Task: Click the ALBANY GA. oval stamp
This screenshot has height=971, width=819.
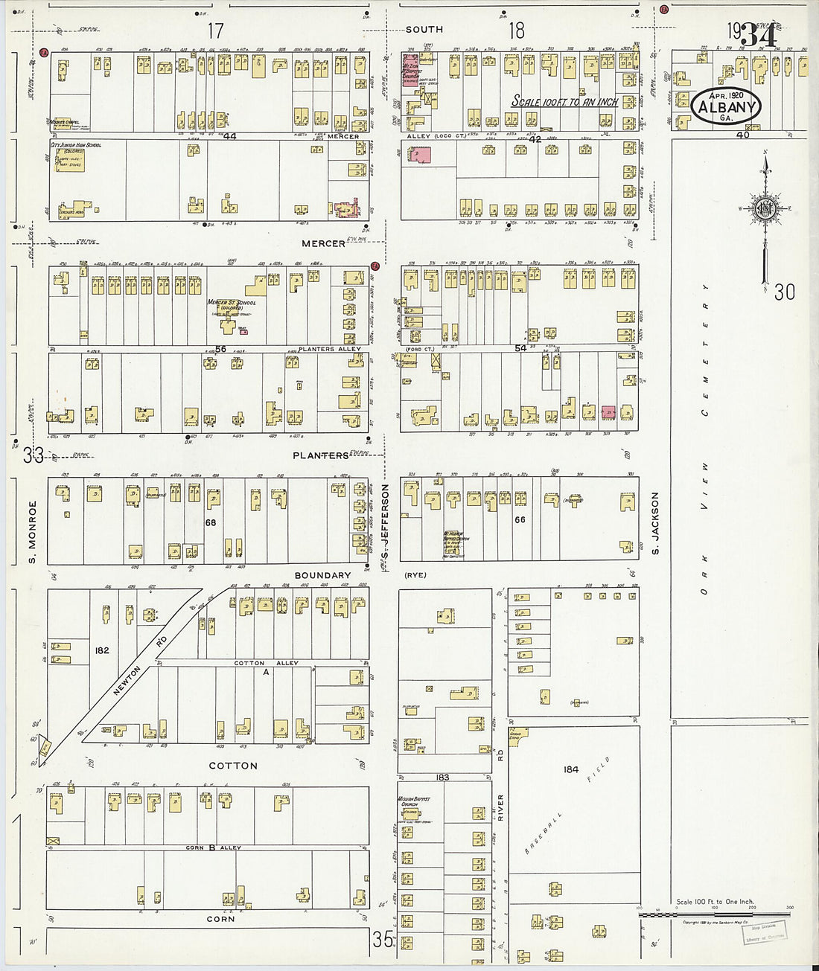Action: tap(726, 106)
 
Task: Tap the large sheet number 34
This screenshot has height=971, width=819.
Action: tap(759, 36)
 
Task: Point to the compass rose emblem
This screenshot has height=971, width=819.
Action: tap(765, 210)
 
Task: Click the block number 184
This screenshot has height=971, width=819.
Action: tap(571, 769)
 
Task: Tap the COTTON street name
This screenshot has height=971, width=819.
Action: tap(233, 766)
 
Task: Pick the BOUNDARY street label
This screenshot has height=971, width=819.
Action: tap(322, 575)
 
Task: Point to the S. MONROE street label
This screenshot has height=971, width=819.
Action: tap(33, 531)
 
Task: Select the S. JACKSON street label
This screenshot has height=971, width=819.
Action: tap(656, 522)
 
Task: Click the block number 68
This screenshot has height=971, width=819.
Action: tap(211, 522)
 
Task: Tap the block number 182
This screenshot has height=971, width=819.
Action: tap(102, 650)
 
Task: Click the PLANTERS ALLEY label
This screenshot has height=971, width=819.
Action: tap(329, 349)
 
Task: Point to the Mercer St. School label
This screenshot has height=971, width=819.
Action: tap(232, 304)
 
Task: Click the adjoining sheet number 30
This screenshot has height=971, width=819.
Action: tap(784, 292)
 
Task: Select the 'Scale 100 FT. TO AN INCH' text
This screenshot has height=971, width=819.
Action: tap(564, 101)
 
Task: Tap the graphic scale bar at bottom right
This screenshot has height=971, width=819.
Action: tap(715, 914)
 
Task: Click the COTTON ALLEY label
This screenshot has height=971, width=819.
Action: tap(266, 663)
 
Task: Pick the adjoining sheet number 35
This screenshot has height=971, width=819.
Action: tap(383, 940)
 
